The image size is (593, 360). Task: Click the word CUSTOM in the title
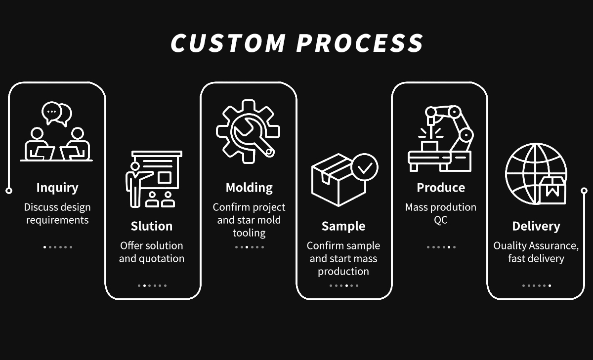[x=228, y=43]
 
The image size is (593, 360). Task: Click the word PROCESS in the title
[x=360, y=43]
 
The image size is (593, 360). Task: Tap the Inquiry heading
[x=57, y=188]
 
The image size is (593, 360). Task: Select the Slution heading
[x=152, y=226]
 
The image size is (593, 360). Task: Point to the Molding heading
[x=249, y=188]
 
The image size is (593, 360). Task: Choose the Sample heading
[x=343, y=227]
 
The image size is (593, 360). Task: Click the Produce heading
[x=441, y=188]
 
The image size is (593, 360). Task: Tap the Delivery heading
[x=536, y=227]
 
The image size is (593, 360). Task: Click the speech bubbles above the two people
[x=57, y=114]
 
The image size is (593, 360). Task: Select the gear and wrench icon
[x=248, y=131]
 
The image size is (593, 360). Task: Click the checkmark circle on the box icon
[x=365, y=167]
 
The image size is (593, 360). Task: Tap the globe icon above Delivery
[x=536, y=174]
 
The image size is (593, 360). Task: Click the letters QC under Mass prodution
[x=441, y=220]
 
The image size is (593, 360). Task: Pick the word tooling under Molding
[x=249, y=233]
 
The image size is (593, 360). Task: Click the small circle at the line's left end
[x=9, y=191]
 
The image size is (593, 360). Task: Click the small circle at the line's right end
[x=584, y=191]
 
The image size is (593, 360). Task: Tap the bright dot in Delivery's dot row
[x=550, y=285]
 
